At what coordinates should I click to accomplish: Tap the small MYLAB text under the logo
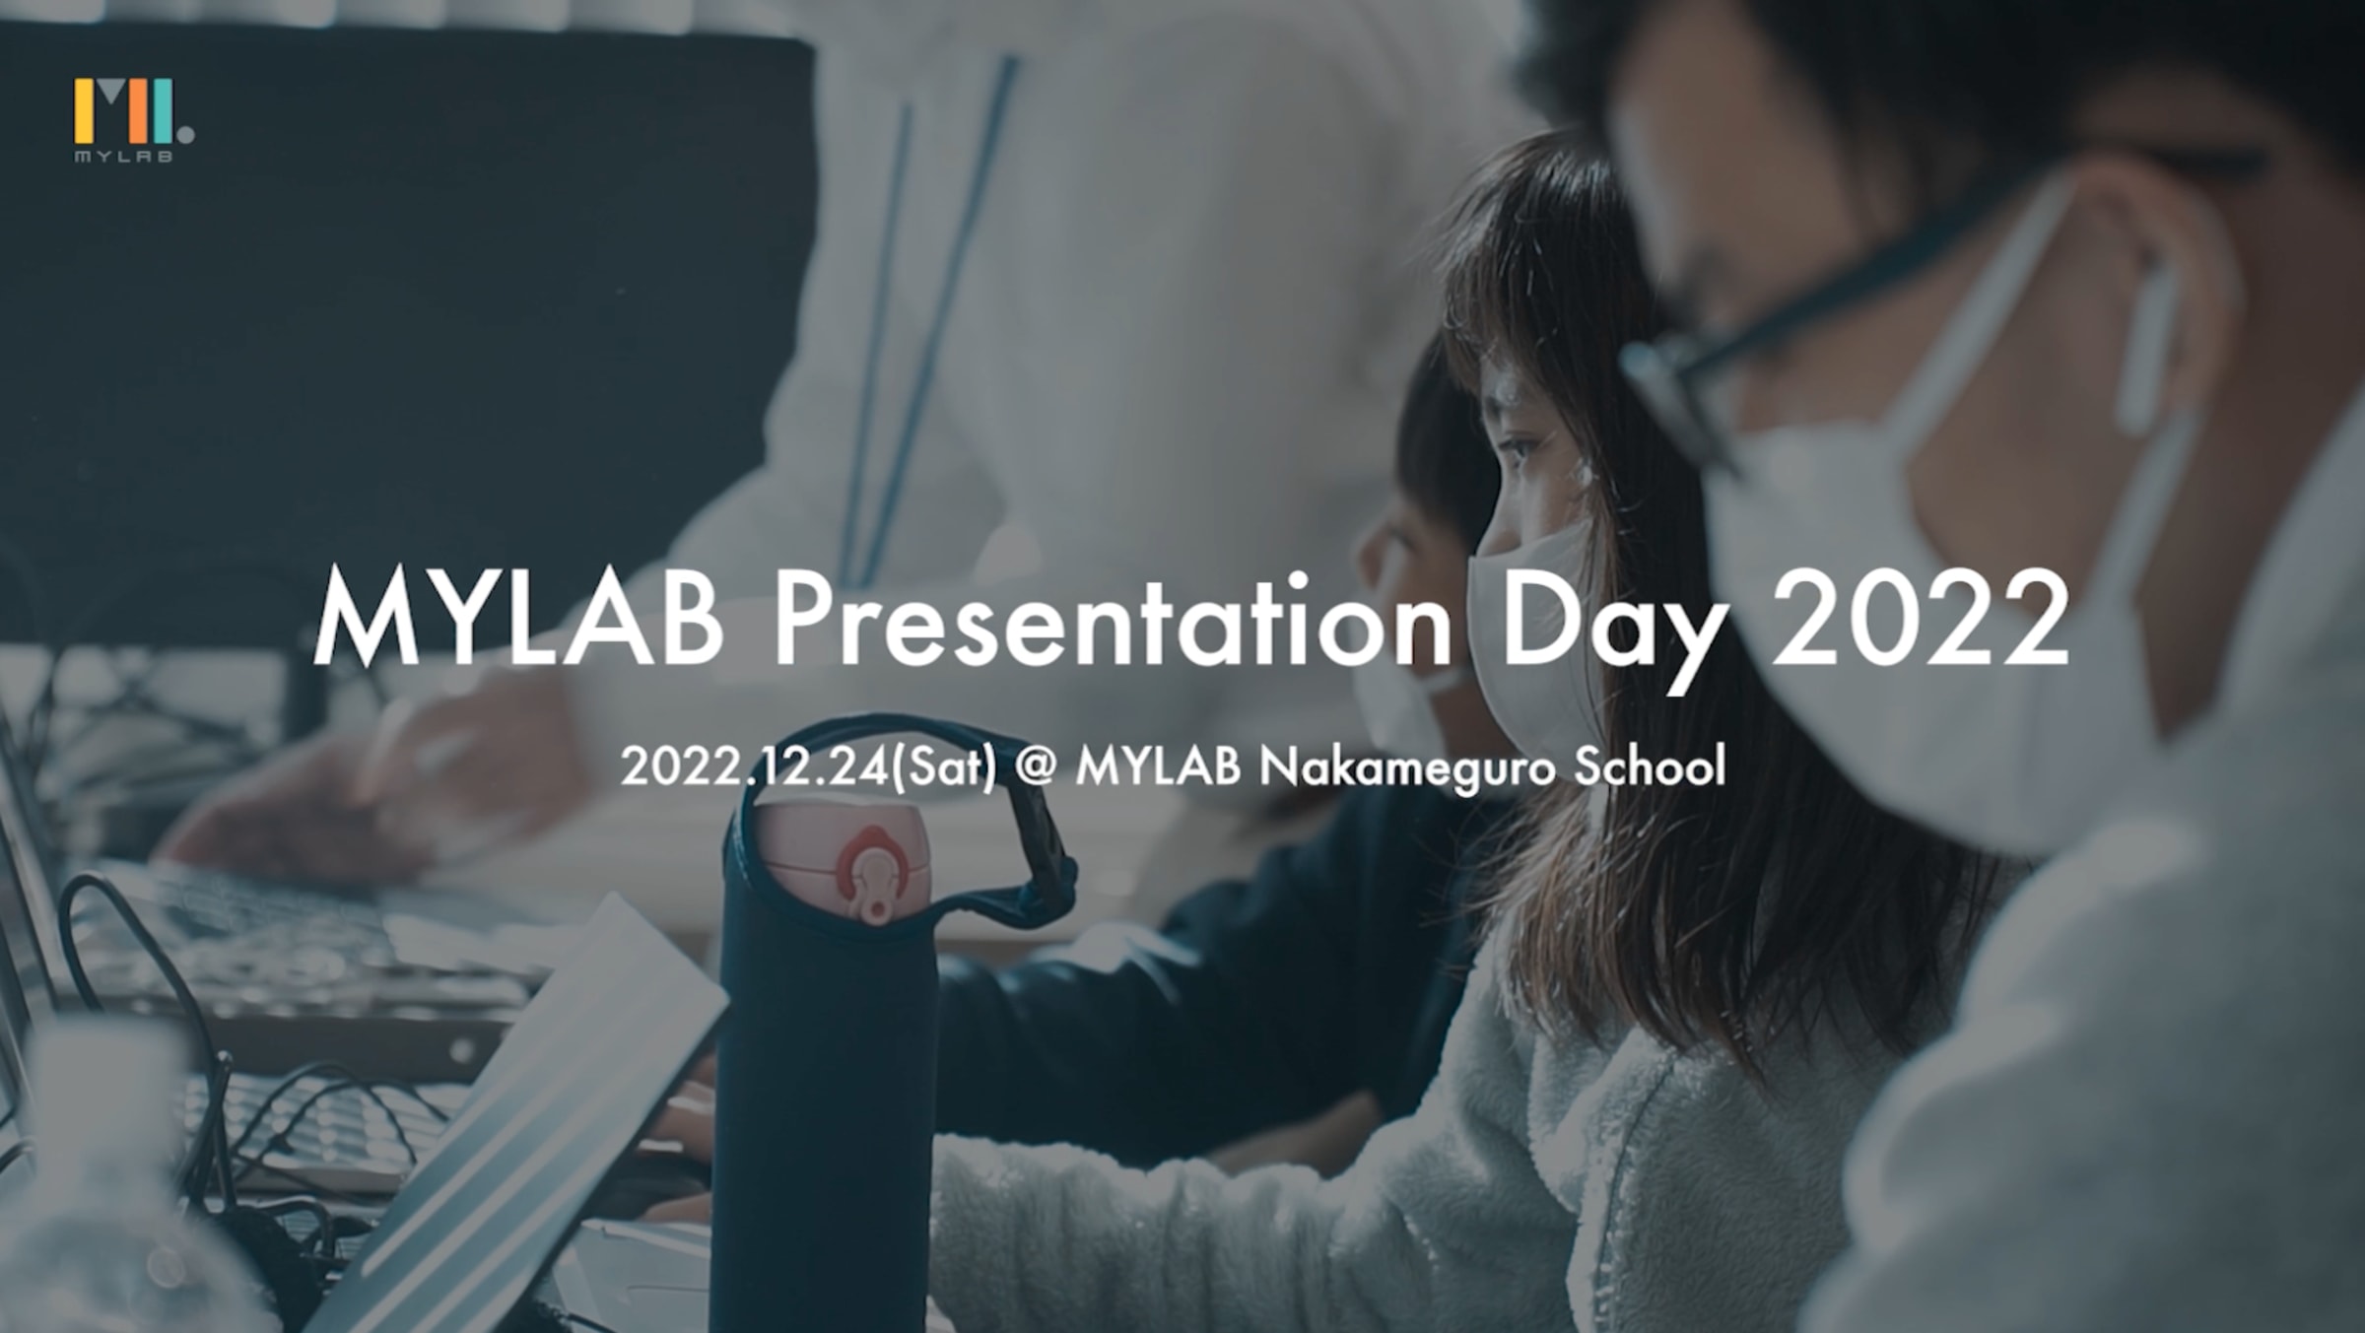pos(124,156)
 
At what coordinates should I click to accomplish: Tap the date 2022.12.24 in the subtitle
pos(755,766)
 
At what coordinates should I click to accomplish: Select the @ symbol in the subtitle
pos(1035,768)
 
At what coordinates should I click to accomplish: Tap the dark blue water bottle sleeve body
pos(823,1123)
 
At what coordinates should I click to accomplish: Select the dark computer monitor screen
pos(394,325)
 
